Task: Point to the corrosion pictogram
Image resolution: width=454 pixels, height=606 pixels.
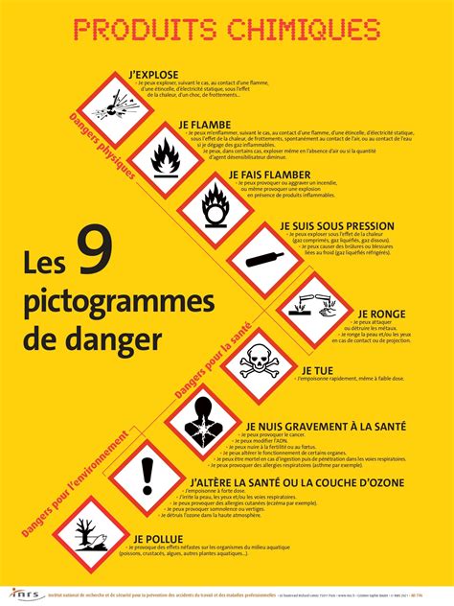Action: click(x=316, y=310)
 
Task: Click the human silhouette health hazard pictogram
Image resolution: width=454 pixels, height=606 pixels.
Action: click(x=202, y=423)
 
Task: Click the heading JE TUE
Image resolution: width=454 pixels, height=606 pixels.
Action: click(x=319, y=369)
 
